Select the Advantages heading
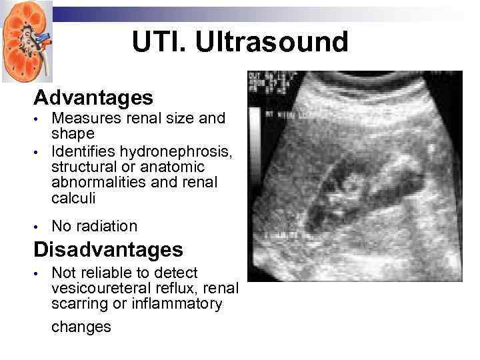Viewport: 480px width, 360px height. [x=93, y=98]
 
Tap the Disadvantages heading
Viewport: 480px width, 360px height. [x=108, y=250]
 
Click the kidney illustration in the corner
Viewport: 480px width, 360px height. [x=26, y=41]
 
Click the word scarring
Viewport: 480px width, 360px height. [x=77, y=304]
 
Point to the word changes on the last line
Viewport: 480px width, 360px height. [x=81, y=327]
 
